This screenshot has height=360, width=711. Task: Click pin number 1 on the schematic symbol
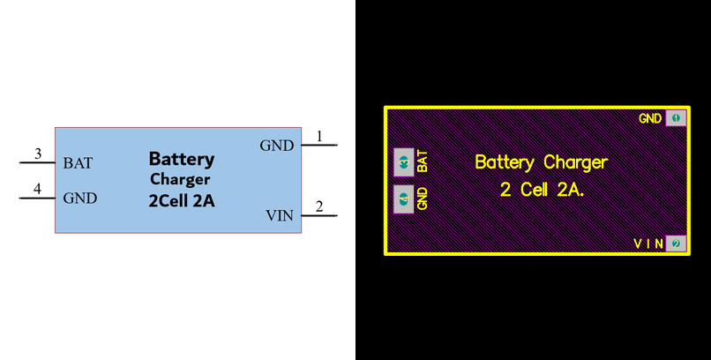[x=319, y=136]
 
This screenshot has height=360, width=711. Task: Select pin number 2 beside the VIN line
[x=319, y=206]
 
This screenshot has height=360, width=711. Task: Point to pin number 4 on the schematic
[x=38, y=189]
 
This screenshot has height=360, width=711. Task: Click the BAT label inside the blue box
[x=78, y=163]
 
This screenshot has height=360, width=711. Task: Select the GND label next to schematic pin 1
[x=277, y=146]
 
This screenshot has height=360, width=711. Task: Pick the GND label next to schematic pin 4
[x=80, y=199]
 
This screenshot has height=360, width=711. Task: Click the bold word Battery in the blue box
[x=181, y=160]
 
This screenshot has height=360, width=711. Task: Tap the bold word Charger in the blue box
[x=180, y=180]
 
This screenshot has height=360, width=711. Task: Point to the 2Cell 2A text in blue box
[x=181, y=201]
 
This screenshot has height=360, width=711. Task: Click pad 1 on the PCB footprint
[x=676, y=118]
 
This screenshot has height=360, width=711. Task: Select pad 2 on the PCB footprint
[x=676, y=244]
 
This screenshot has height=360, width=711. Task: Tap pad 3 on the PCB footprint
[x=403, y=162]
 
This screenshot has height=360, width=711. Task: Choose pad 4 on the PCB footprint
[x=403, y=199]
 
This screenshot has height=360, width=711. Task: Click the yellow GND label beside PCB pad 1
[x=650, y=118]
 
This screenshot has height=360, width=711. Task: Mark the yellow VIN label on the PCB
[x=648, y=244]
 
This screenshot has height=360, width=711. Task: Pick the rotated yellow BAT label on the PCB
[x=423, y=161]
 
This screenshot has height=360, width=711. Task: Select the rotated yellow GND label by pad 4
[x=423, y=199]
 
